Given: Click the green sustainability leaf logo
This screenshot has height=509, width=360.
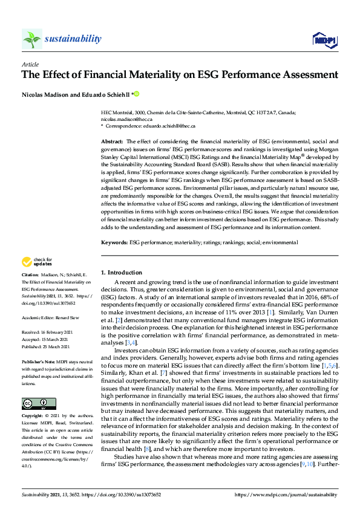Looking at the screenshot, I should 31,39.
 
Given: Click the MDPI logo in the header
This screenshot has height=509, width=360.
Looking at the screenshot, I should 323,40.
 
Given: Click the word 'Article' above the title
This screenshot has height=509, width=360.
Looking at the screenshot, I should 30,64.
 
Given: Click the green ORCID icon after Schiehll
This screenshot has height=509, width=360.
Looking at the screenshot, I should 136,93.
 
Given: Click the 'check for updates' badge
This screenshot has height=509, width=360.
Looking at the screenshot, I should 36,262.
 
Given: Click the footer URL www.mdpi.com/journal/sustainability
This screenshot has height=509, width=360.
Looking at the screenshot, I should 286,495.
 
